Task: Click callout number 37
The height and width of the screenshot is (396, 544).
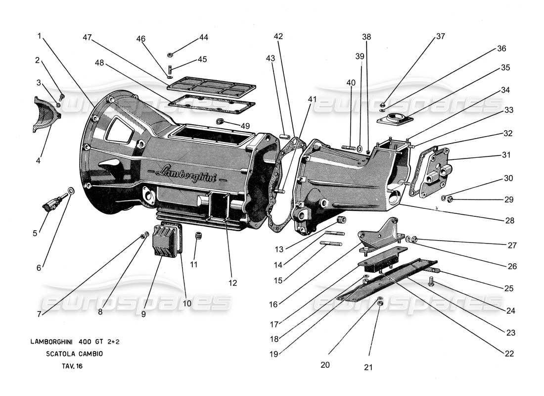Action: pos(440,37)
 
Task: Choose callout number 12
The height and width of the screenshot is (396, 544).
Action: pos(232,283)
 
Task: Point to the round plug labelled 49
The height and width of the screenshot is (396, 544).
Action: pos(220,122)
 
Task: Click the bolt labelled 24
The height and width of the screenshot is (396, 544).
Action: pos(431,282)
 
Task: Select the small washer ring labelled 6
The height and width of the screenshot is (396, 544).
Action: pos(71,191)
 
